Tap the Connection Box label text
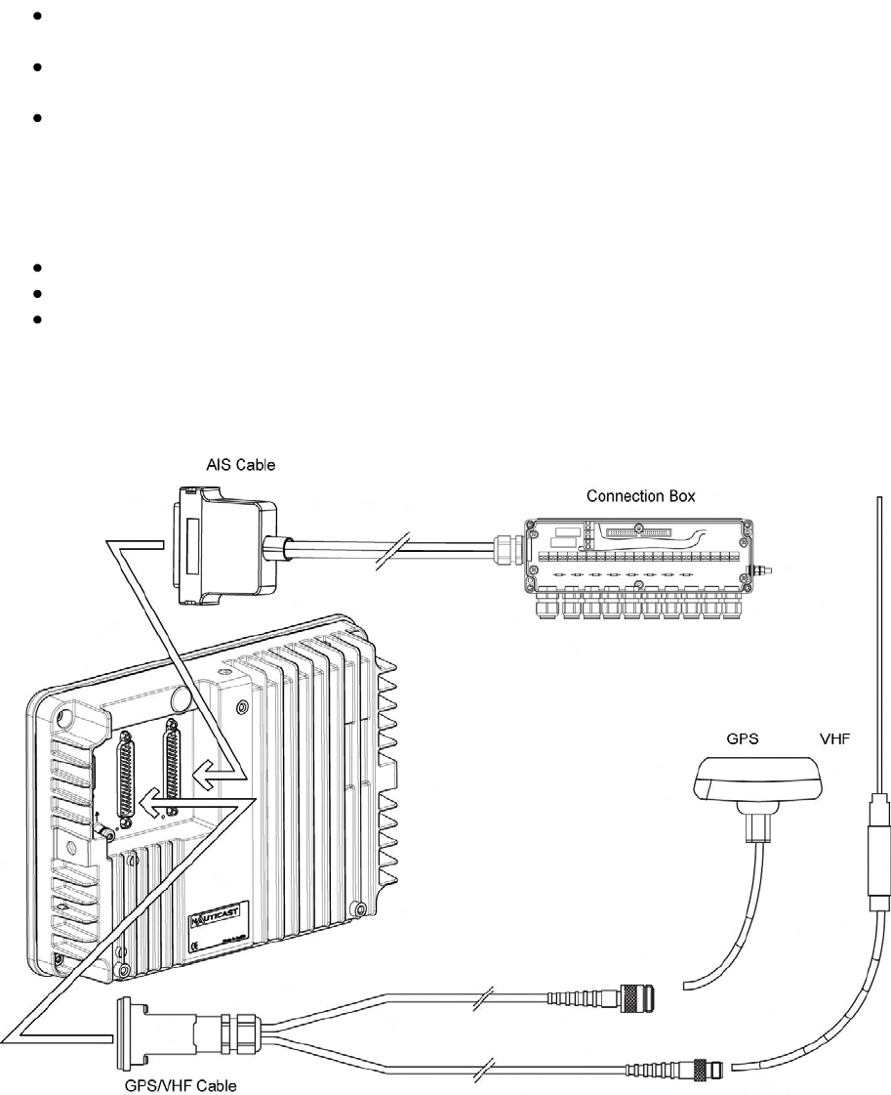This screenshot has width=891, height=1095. coord(640,496)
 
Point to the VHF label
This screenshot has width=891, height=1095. coord(835,740)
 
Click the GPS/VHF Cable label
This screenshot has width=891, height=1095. coord(187,1084)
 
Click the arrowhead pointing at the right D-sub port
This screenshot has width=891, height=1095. coord(203,776)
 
